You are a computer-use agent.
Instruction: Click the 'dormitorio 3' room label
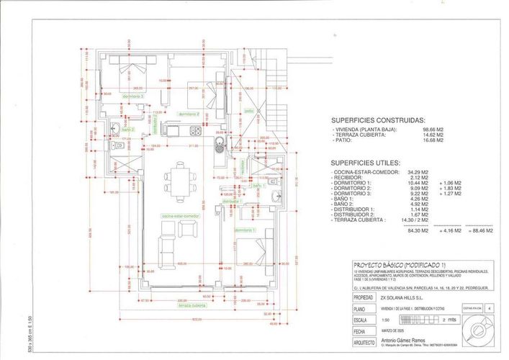click(133, 96)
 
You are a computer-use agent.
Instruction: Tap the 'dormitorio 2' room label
click(188, 114)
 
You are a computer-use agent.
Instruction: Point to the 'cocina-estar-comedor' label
click(180, 215)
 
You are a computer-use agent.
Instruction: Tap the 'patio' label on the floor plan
click(248, 111)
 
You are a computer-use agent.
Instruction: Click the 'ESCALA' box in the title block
click(363, 318)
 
